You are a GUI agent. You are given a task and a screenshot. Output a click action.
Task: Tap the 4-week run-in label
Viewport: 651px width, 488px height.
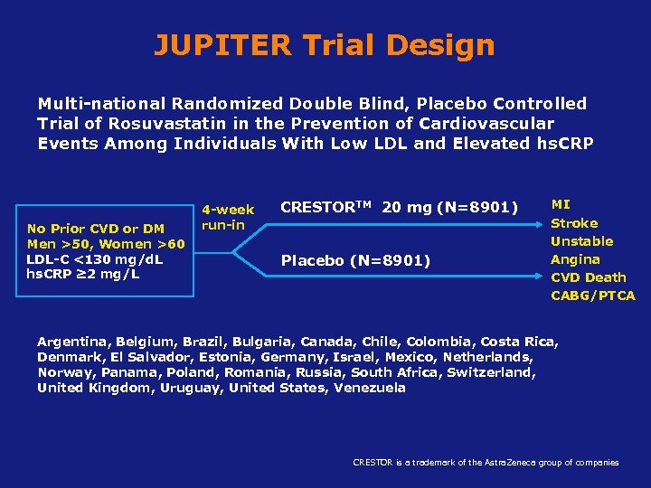click(x=227, y=217)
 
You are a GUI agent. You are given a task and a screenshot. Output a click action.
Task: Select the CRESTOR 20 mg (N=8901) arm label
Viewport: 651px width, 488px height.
click(x=399, y=208)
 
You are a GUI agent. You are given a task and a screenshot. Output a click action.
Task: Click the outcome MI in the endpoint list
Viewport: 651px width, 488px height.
click(x=561, y=205)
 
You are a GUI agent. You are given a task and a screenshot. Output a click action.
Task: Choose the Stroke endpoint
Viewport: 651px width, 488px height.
click(x=574, y=223)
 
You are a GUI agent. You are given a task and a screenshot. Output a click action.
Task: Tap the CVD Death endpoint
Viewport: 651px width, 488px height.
click(x=588, y=277)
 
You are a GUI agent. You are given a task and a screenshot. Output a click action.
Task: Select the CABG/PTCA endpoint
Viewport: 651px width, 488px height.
click(x=593, y=296)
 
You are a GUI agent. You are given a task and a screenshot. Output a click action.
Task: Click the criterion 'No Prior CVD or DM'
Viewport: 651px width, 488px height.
click(x=96, y=230)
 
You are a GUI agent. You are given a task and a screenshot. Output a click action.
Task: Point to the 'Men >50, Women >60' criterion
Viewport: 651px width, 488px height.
click(x=106, y=244)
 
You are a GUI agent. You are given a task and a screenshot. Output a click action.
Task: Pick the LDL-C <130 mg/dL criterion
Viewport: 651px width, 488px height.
click(x=95, y=258)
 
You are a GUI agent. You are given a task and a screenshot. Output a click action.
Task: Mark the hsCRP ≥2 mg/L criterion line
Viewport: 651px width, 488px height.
click(x=83, y=273)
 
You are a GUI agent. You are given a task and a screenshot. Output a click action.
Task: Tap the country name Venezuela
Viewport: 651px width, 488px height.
click(x=370, y=388)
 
